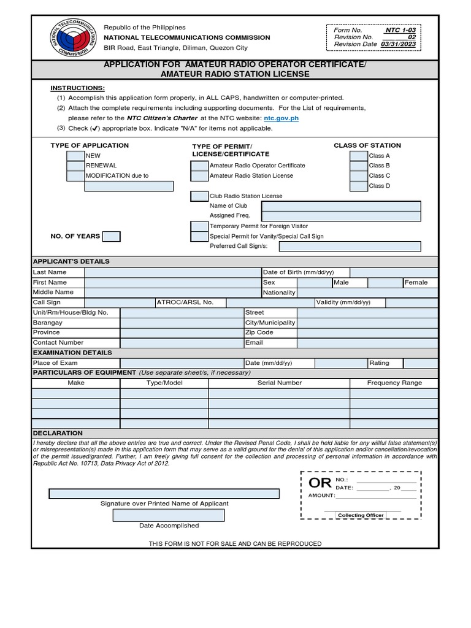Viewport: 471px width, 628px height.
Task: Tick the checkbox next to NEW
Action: coord(75,156)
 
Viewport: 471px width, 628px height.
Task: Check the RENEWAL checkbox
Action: coord(75,166)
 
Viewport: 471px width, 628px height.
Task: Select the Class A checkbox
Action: coord(359,156)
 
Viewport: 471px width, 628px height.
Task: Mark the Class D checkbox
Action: coord(359,186)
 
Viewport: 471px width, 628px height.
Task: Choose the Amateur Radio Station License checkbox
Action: coord(199,176)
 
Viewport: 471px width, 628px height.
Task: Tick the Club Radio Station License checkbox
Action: coord(199,196)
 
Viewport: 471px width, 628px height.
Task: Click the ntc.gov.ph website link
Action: coord(281,118)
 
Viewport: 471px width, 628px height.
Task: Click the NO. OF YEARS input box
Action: coord(111,236)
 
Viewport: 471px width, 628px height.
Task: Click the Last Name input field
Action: coord(172,272)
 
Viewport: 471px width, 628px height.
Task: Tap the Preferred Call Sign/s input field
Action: coord(350,247)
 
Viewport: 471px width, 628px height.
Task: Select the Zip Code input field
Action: coord(367,332)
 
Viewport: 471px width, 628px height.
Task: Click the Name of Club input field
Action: coord(341,206)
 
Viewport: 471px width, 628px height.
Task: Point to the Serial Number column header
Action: coord(279,383)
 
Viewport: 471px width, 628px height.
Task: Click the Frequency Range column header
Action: coord(394,383)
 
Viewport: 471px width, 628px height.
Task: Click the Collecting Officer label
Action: coord(361,515)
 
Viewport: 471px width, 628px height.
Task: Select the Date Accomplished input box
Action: coord(169,515)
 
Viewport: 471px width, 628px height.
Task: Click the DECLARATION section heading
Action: coord(58,433)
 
